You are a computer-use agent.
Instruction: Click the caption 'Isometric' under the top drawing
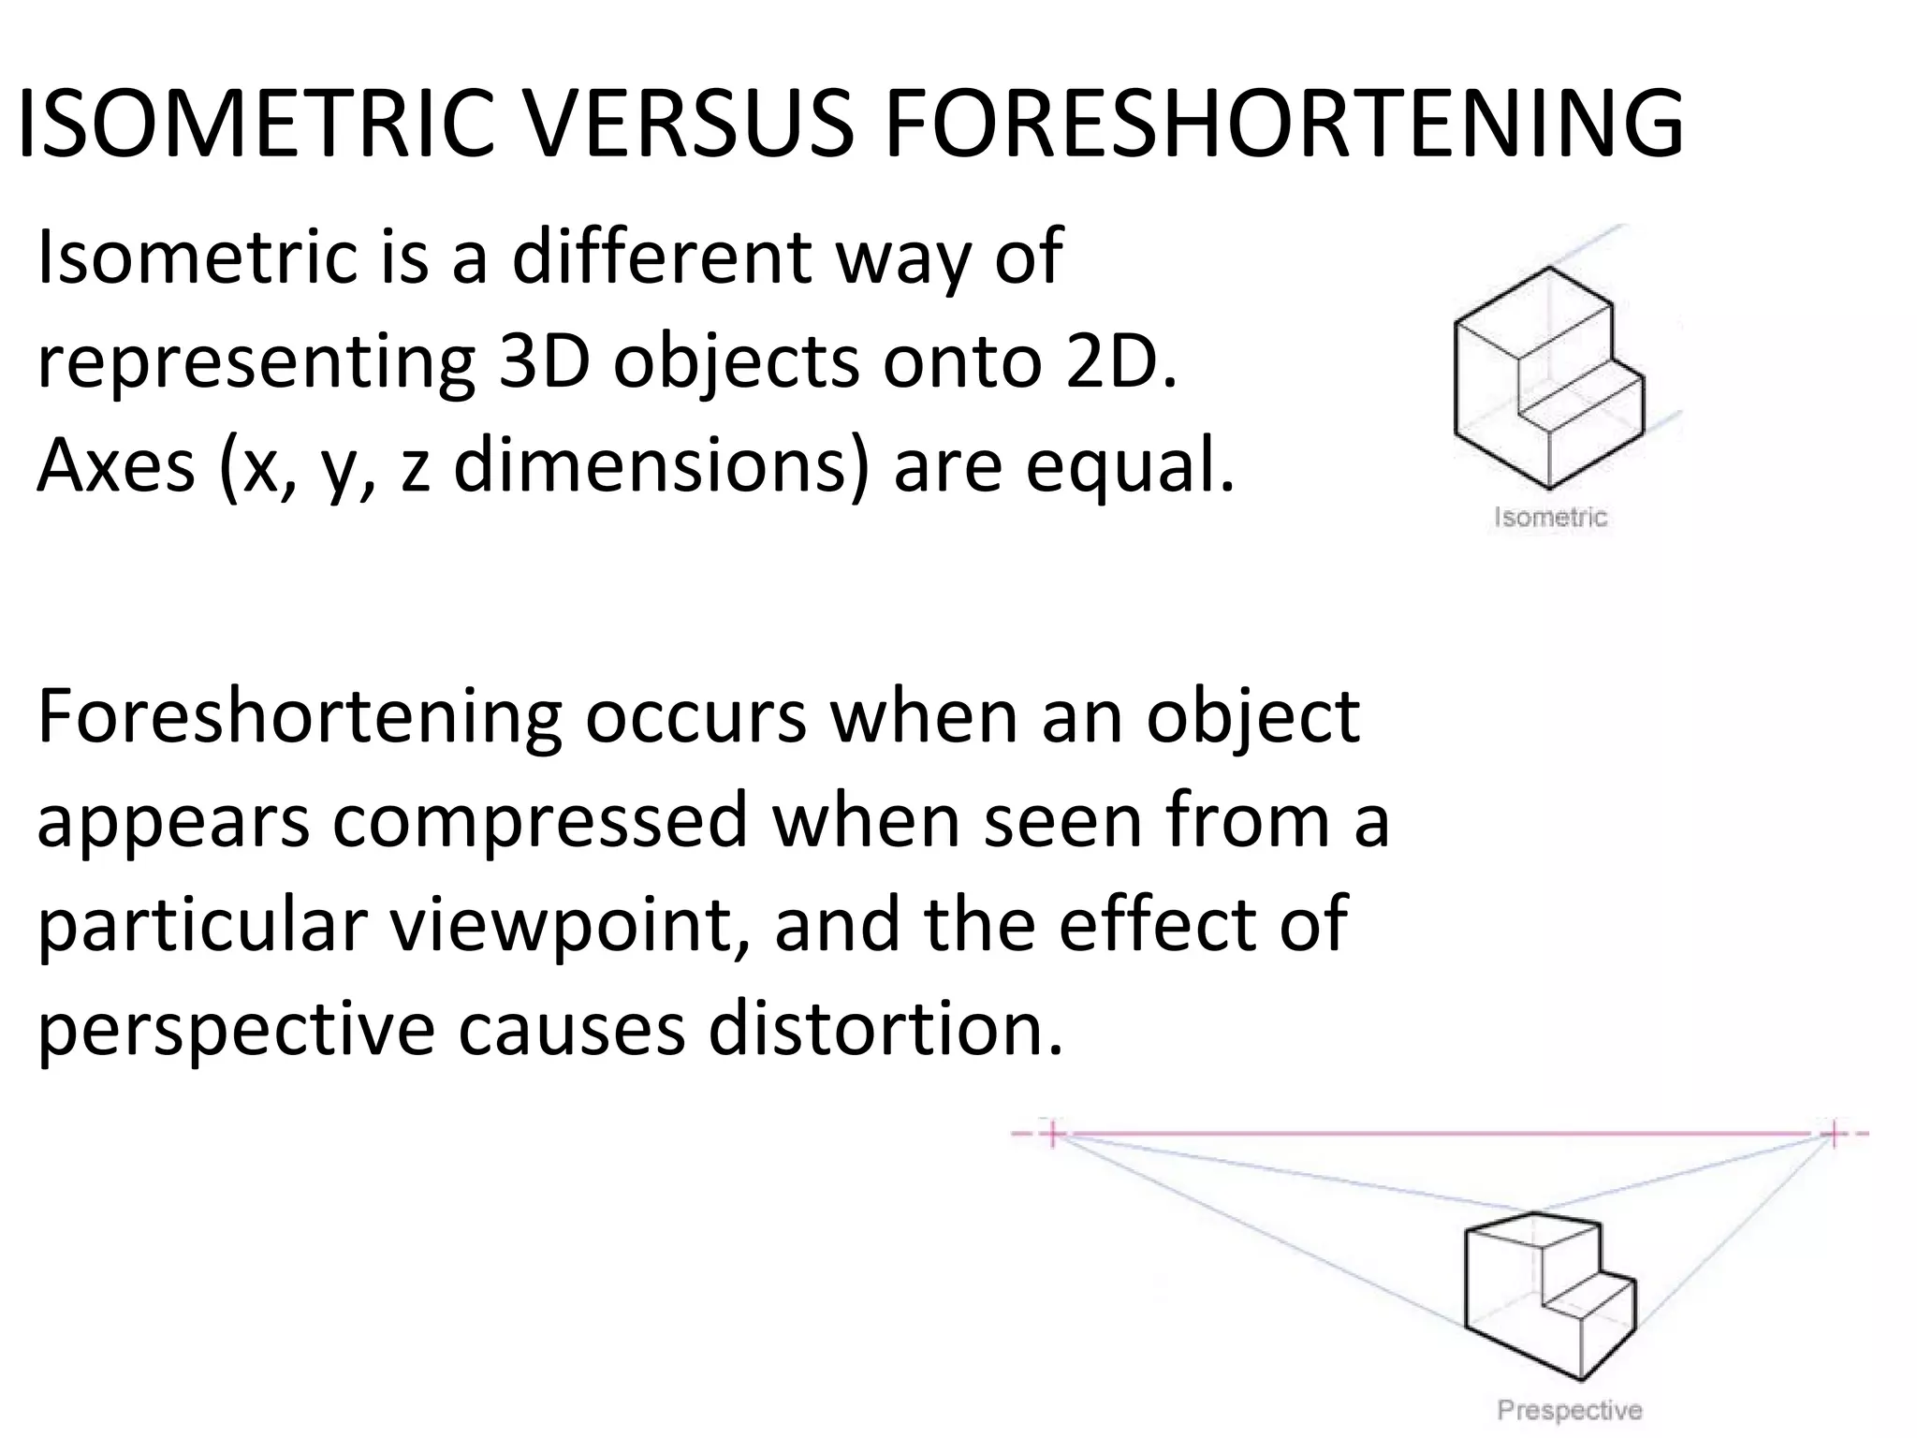(x=1551, y=518)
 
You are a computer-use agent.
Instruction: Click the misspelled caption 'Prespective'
(x=1570, y=1410)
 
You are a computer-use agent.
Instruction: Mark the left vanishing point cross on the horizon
(x=1053, y=1134)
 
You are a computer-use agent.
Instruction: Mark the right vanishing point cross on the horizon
(x=1833, y=1134)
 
